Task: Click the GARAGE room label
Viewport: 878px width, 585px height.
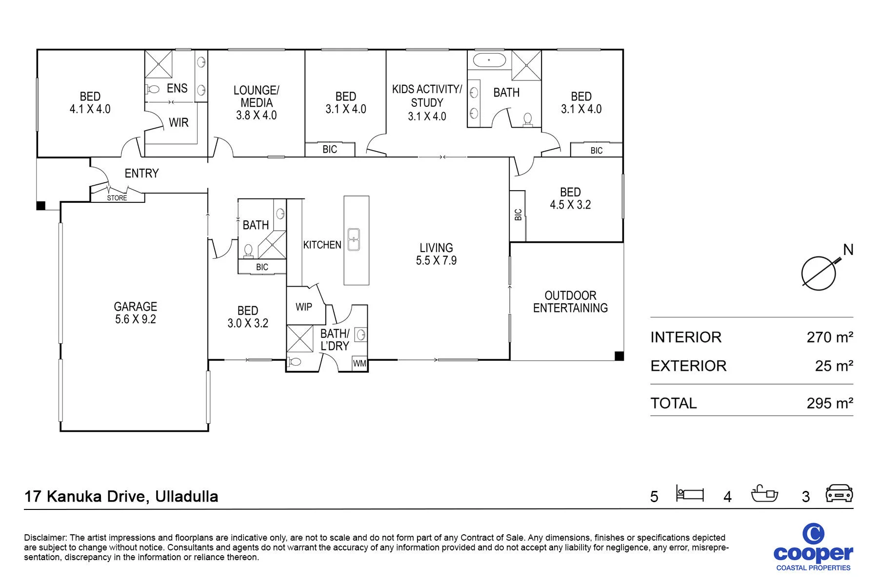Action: click(136, 313)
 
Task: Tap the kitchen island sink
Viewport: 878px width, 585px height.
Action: click(354, 239)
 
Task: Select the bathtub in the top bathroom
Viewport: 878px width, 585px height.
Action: click(489, 61)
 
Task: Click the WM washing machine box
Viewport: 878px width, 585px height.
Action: click(359, 363)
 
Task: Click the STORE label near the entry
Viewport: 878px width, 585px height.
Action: click(117, 198)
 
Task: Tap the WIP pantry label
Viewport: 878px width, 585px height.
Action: click(304, 307)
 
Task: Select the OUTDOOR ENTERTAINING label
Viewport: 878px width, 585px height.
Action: click(570, 302)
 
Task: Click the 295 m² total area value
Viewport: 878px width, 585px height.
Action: click(830, 403)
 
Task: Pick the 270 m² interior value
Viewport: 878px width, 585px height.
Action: click(830, 337)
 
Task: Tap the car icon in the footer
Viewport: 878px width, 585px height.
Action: click(839, 493)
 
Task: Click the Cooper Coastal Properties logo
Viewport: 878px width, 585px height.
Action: click(813, 547)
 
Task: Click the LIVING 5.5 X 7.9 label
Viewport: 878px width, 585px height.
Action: click(436, 254)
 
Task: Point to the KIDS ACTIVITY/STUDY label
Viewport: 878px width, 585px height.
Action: click(427, 102)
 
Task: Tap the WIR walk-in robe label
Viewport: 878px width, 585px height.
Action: click(179, 122)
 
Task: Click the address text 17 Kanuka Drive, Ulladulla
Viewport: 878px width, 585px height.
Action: click(121, 496)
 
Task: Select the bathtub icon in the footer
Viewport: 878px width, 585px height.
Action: click(764, 493)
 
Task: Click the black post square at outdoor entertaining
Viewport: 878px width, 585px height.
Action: click(619, 356)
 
